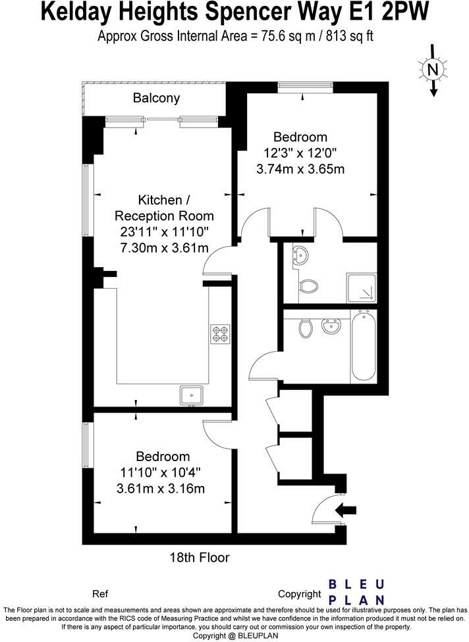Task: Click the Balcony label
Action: (x=156, y=99)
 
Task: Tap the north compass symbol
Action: (x=432, y=70)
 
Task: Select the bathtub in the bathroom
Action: (x=364, y=347)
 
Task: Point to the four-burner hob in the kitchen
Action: (x=219, y=333)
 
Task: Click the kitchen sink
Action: (x=193, y=395)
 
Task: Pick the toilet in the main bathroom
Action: (x=306, y=328)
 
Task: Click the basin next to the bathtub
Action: (x=330, y=326)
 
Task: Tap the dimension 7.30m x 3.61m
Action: (x=164, y=248)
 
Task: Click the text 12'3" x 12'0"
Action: (x=300, y=153)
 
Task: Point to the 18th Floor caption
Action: (x=199, y=558)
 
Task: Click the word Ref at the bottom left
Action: (x=100, y=593)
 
